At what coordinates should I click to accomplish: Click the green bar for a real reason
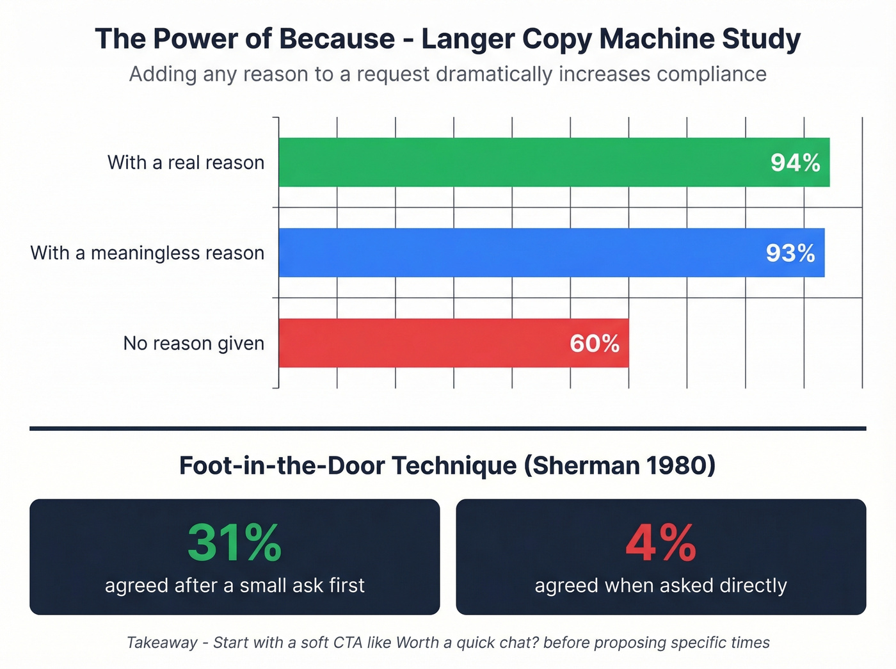(x=512, y=163)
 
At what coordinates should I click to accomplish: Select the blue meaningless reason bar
(x=512, y=253)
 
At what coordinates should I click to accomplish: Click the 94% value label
(x=795, y=163)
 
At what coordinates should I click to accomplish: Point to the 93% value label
(x=790, y=254)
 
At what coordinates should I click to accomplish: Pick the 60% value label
(x=595, y=344)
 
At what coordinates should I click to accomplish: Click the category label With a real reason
(x=186, y=163)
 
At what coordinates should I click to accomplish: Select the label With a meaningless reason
(x=147, y=254)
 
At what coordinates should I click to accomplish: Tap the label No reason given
(x=193, y=344)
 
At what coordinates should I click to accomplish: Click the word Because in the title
(x=337, y=39)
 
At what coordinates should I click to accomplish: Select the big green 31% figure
(x=234, y=543)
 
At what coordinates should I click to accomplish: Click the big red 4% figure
(x=660, y=543)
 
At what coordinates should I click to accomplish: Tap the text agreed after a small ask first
(x=234, y=585)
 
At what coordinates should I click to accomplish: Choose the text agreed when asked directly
(x=660, y=585)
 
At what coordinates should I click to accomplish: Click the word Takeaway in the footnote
(x=162, y=643)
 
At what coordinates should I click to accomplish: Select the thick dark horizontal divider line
(x=448, y=428)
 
